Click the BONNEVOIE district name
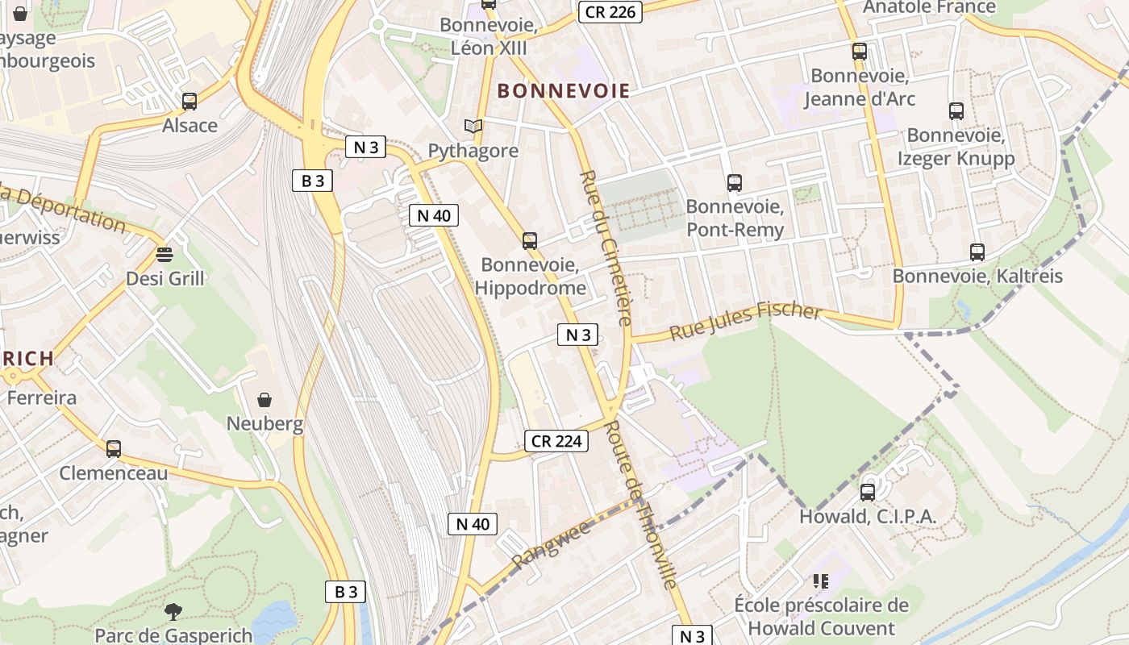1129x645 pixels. pyautogui.click(x=563, y=90)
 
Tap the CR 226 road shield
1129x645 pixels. pyautogui.click(x=610, y=11)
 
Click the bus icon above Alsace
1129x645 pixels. pyautogui.click(x=190, y=102)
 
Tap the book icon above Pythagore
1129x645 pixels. pyautogui.click(x=473, y=127)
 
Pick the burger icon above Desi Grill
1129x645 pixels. pyautogui.click(x=165, y=255)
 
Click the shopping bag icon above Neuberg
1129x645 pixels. pyautogui.click(x=265, y=400)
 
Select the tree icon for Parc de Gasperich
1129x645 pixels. pyautogui.click(x=173, y=612)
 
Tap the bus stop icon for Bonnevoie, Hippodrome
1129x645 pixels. pyautogui.click(x=530, y=241)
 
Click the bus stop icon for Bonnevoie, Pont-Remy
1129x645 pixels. pyautogui.click(x=734, y=183)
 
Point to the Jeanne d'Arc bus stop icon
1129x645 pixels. pyautogui.click(x=860, y=52)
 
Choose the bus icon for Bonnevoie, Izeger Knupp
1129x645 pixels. pyautogui.click(x=956, y=111)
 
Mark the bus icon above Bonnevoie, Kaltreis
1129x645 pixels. pyautogui.click(x=977, y=252)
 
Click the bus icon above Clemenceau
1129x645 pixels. pyautogui.click(x=114, y=449)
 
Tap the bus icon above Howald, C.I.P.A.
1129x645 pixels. pyautogui.click(x=868, y=492)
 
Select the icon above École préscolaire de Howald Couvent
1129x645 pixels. pyautogui.click(x=821, y=581)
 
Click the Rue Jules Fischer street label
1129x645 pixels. pyautogui.click(x=745, y=321)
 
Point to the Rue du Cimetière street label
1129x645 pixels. pyautogui.click(x=606, y=248)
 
